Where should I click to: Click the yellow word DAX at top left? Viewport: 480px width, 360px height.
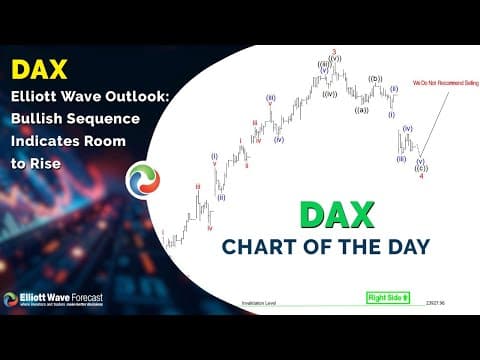pyautogui.click(x=41, y=70)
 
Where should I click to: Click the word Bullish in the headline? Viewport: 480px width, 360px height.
pyautogui.click(x=39, y=118)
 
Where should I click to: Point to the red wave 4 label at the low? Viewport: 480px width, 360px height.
pyautogui.click(x=421, y=176)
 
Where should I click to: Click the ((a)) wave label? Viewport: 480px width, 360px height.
pyautogui.click(x=361, y=109)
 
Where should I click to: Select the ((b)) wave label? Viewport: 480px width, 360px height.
pyautogui.click(x=376, y=78)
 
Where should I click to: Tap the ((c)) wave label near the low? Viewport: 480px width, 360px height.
pyautogui.click(x=421, y=167)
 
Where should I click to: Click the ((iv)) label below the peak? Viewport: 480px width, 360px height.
pyautogui.click(x=328, y=94)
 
